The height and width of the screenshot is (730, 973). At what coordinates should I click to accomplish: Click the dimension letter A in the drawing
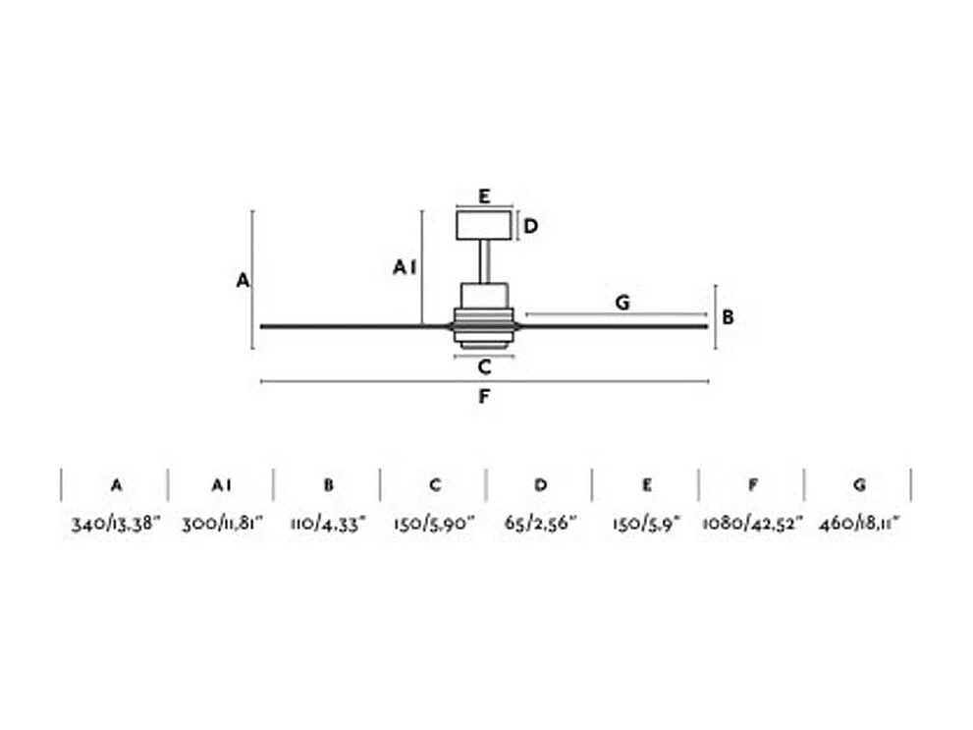243,281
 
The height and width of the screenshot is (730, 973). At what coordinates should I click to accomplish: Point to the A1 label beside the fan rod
405,267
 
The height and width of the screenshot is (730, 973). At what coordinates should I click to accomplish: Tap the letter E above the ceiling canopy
484,197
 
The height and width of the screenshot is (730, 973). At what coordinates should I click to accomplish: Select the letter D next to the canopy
530,227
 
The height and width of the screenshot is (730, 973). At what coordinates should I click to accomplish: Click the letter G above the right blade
622,303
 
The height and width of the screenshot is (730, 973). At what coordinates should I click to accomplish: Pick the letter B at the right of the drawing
728,317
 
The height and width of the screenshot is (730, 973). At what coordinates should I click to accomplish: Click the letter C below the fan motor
484,367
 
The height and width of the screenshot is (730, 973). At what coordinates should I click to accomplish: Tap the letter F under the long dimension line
483,397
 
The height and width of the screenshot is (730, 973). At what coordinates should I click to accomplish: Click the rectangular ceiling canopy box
484,225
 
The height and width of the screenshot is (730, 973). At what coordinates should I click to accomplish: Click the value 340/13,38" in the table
115,523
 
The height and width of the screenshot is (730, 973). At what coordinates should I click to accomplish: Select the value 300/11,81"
222,523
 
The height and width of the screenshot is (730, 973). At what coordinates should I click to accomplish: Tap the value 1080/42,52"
752,523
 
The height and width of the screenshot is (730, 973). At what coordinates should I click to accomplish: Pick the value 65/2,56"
541,523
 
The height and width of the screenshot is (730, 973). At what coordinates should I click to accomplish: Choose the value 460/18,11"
859,523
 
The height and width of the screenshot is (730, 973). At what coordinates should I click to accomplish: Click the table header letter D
541,484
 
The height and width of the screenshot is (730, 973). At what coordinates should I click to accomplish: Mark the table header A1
222,484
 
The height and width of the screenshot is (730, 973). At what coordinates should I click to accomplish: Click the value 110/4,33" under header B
328,523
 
